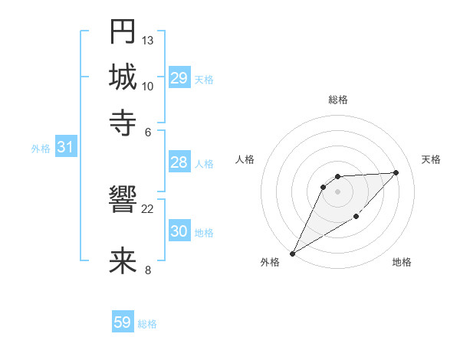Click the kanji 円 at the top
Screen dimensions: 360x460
coord(123,32)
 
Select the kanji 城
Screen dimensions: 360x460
coord(123,77)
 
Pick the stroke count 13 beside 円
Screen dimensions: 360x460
coord(148,40)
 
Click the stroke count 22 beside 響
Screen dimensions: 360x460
coord(148,208)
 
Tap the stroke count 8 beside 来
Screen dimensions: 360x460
coord(148,269)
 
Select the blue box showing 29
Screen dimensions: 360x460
coord(179,77)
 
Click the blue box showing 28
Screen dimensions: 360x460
coord(179,162)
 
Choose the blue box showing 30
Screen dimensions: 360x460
coord(179,231)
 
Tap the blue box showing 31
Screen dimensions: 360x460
coord(65,148)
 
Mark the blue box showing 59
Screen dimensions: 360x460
coord(123,322)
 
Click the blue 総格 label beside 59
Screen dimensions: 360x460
coord(147,324)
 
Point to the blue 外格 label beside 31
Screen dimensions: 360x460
coord(41,149)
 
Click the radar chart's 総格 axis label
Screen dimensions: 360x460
coord(337,100)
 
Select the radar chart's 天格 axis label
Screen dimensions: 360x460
coord(432,159)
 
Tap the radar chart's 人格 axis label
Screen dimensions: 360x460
coord(245,159)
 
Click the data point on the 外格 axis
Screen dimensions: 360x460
coord(292,254)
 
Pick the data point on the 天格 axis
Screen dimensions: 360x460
coord(396,172)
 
